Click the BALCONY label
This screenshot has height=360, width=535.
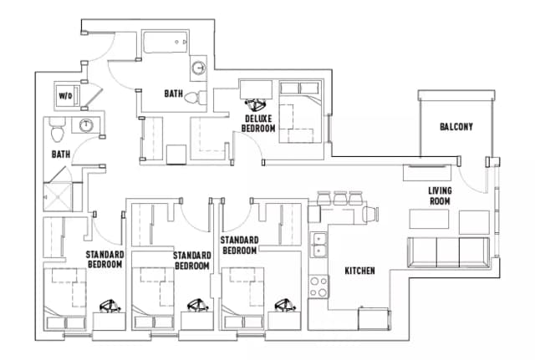(456, 127)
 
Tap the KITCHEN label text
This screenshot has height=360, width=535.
(360, 271)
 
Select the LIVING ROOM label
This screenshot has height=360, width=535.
(440, 196)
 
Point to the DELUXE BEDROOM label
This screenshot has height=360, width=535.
(258, 124)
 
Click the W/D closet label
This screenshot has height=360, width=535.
(64, 96)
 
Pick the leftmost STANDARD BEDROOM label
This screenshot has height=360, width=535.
(104, 259)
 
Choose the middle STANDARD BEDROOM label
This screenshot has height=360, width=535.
(191, 260)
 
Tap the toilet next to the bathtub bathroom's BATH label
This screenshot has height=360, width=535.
(192, 97)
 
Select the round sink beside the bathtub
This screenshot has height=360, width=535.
(198, 68)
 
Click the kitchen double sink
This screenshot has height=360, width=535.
(319, 245)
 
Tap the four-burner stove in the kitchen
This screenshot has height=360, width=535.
(318, 286)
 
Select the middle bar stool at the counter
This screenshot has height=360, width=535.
(340, 199)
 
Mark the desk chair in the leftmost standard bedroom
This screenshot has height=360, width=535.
(110, 307)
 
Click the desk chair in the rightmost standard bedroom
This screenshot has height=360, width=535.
(285, 307)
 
